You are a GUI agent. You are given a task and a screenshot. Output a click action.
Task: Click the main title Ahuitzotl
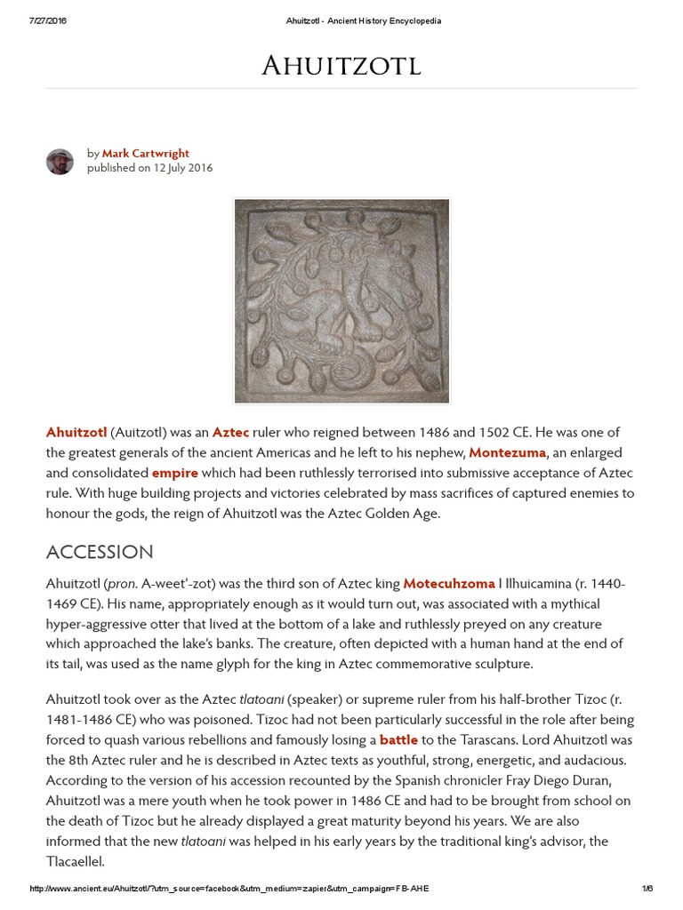pyautogui.click(x=341, y=65)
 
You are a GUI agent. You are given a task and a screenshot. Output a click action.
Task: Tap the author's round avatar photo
pyautogui.click(x=60, y=161)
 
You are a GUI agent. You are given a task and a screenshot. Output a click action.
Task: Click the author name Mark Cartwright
pyautogui.click(x=145, y=154)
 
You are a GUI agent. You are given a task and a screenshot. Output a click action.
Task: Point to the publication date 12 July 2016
pyautogui.click(x=182, y=168)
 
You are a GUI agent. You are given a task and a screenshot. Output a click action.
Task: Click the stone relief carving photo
pyautogui.click(x=341, y=300)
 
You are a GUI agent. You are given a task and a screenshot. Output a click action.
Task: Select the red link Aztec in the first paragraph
pyautogui.click(x=230, y=433)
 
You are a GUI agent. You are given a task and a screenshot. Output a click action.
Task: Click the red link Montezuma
pyautogui.click(x=507, y=453)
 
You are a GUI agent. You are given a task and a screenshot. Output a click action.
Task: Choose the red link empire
pyautogui.click(x=174, y=473)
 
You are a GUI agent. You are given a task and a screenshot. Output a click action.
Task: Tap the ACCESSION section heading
pyautogui.click(x=100, y=552)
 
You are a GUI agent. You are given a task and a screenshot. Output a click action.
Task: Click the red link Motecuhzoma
pyautogui.click(x=448, y=584)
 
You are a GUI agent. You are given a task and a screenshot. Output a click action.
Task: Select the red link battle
pyautogui.click(x=398, y=739)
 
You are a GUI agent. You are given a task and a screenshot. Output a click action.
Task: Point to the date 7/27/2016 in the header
pyautogui.click(x=48, y=21)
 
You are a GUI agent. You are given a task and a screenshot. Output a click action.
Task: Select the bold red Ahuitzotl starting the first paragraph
pyautogui.click(x=76, y=433)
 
